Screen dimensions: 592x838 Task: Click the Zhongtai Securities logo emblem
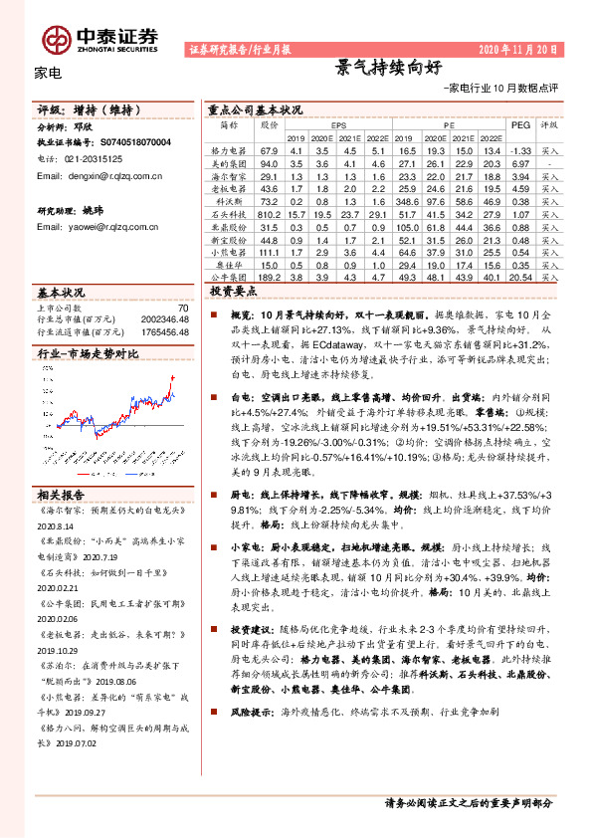(x=56, y=38)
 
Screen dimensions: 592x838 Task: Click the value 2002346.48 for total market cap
(x=164, y=319)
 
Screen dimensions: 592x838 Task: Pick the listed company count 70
(x=182, y=309)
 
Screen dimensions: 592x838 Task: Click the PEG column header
(x=520, y=125)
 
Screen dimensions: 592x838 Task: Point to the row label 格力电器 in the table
(x=228, y=148)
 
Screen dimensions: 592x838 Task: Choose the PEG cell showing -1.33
(x=521, y=148)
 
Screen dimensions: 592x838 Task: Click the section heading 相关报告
(x=61, y=495)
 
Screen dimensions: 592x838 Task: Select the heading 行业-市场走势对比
(x=88, y=353)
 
